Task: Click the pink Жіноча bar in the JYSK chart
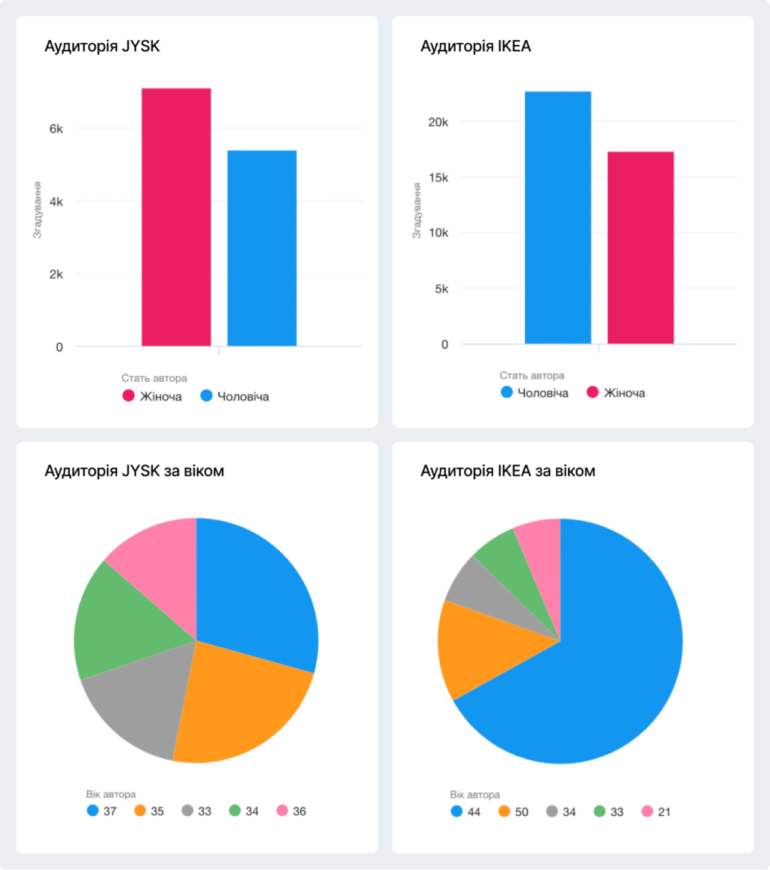[x=176, y=217]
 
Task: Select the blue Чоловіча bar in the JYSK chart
[x=262, y=248]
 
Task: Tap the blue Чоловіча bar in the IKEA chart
[x=558, y=217]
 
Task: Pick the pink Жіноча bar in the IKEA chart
[x=640, y=247]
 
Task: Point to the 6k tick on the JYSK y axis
[x=56, y=129]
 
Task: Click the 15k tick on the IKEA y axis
[x=438, y=178]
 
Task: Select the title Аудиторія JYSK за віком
[x=134, y=471]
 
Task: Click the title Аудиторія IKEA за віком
[x=508, y=471]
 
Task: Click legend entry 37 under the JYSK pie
[x=102, y=811]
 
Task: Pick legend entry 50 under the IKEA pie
[x=514, y=812]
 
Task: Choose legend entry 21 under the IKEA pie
[x=656, y=812]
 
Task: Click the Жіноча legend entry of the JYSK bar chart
[x=153, y=396]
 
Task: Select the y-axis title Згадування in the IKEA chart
[x=417, y=211]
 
